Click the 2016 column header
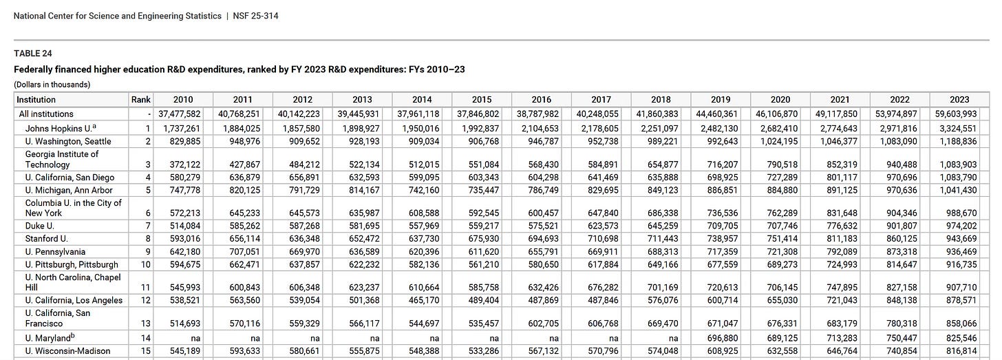541,100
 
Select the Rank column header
140,100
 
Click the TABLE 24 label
33,53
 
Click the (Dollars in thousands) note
52,85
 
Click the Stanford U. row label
47,239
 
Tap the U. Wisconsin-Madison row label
67,351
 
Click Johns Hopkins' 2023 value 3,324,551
957,128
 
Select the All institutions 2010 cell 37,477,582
178,114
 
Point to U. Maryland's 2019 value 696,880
722,338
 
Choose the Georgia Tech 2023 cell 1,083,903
957,165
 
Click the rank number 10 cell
146,264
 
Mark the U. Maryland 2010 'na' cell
195,338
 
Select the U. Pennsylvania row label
56,252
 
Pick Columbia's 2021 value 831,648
842,213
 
